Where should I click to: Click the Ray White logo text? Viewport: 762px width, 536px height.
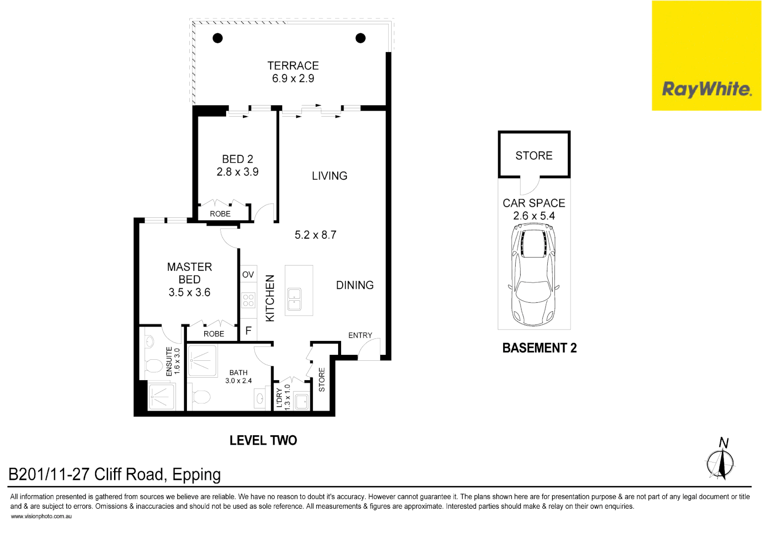click(x=706, y=89)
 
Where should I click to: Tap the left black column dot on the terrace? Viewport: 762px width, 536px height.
click(x=218, y=38)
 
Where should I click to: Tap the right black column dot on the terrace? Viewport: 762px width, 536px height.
click(x=360, y=38)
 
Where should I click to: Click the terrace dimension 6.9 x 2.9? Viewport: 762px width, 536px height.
click(x=293, y=78)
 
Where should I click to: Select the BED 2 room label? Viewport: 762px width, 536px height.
click(x=237, y=159)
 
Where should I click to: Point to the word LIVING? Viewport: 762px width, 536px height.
click(x=329, y=176)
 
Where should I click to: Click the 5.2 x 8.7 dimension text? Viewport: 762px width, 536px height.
click(x=315, y=235)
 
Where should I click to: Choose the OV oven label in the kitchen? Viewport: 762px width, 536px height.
click(x=248, y=274)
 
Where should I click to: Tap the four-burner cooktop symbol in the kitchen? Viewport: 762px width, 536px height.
click(x=248, y=300)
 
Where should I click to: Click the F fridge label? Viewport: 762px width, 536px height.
click(x=248, y=331)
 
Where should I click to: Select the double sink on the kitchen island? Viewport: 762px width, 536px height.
click(x=294, y=299)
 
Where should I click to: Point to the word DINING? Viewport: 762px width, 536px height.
click(x=354, y=285)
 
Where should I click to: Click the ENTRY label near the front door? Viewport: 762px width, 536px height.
click(x=360, y=335)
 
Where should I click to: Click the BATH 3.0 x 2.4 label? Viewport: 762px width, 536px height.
click(x=238, y=377)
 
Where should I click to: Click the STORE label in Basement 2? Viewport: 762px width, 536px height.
click(x=534, y=156)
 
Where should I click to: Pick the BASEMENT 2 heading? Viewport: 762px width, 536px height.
click(x=539, y=348)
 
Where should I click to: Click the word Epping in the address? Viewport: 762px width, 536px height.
click(x=196, y=475)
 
